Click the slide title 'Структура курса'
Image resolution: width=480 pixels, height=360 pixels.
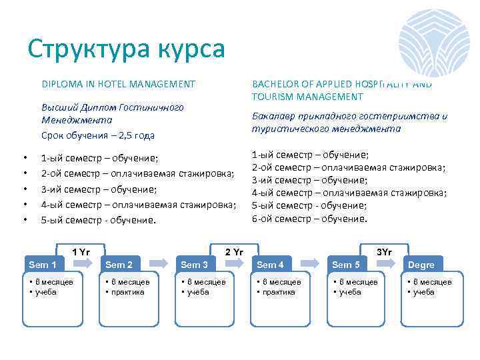127,49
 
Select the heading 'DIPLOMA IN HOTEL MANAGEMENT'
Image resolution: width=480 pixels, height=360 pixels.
118,84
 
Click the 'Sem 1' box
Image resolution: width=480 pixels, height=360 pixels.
42,265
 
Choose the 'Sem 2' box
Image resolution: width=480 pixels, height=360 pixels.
119,265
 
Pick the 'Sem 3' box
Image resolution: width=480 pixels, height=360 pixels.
195,265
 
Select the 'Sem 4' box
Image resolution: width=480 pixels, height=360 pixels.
271,265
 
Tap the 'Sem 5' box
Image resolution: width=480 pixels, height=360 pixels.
346,265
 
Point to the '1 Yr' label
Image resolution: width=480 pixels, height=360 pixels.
81,251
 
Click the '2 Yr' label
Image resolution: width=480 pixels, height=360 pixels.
234,251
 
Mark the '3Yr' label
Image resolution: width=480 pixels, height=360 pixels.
384,251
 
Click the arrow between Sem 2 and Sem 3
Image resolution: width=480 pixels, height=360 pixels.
158,264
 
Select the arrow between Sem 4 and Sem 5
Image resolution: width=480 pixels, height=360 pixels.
309,264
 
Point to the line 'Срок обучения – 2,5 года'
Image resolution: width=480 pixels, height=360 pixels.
97,135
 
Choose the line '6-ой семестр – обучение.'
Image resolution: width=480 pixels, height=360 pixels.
309,218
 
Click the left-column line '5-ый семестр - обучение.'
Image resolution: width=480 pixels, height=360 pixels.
98,219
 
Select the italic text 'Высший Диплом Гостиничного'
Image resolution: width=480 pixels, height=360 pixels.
112,107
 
